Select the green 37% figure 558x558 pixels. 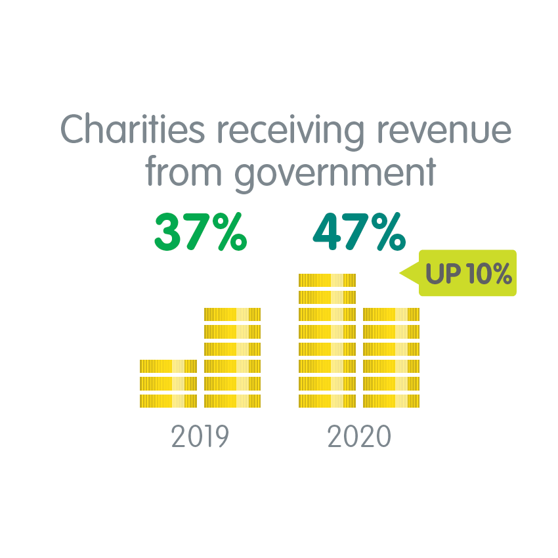pos(200,232)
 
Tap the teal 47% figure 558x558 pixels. pos(359,232)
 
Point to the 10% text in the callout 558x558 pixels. pos(484,274)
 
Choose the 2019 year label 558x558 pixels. pos(200,437)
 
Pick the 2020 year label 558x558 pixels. pos(359,437)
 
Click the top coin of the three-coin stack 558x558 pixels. pos(168,366)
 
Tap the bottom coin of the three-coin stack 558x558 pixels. pos(168,400)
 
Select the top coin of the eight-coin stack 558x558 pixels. pos(327,280)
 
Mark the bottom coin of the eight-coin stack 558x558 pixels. pos(327,400)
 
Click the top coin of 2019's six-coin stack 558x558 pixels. pos(232,314)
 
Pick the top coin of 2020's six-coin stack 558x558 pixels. pos(391,314)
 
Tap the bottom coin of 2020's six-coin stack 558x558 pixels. pos(391,400)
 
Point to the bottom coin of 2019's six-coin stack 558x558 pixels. pos(232,400)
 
